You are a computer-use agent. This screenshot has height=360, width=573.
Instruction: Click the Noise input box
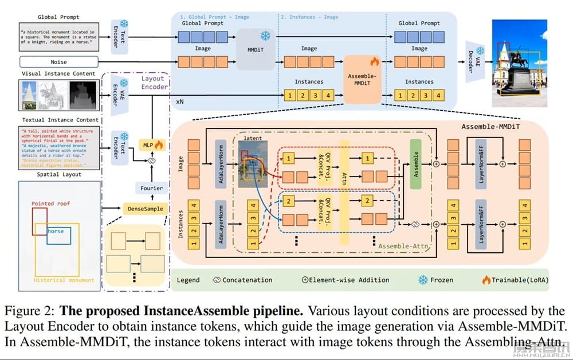(58, 61)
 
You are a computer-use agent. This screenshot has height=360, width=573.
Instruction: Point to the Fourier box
(152, 187)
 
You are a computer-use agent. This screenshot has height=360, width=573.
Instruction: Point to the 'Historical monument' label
(64, 280)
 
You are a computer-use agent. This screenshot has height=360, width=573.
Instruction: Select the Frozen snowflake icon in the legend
(423, 280)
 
